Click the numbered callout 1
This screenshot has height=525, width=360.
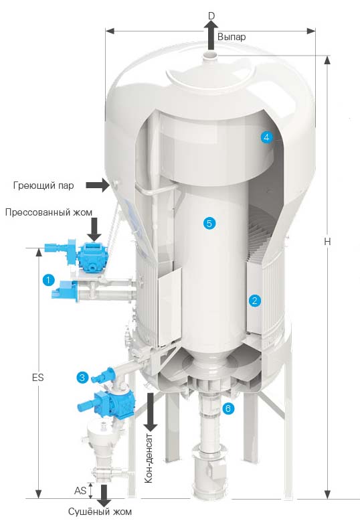coord(48,280)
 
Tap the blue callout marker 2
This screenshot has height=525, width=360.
coord(254,300)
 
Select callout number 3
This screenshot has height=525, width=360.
coord(82,378)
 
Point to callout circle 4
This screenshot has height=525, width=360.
coord(266,137)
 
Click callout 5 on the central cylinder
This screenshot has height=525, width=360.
coord(209,223)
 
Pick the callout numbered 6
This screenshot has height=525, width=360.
coord(228,408)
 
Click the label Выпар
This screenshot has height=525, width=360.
coord(232,37)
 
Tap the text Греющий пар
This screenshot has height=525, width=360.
coord(43,185)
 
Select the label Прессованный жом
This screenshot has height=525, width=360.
coord(48,212)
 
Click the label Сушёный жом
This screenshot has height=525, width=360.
coord(100,512)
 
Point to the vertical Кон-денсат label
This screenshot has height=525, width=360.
coord(149,459)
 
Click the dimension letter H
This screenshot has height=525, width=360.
coord(327,241)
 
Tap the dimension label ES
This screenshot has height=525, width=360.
coord(37,378)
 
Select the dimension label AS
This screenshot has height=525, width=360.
coord(80,490)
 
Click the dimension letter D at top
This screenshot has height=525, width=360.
coord(211,16)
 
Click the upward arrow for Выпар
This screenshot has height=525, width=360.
coord(211,35)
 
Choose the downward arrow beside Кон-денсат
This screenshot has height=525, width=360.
coord(151,412)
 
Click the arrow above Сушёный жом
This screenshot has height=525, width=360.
coord(104,496)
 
